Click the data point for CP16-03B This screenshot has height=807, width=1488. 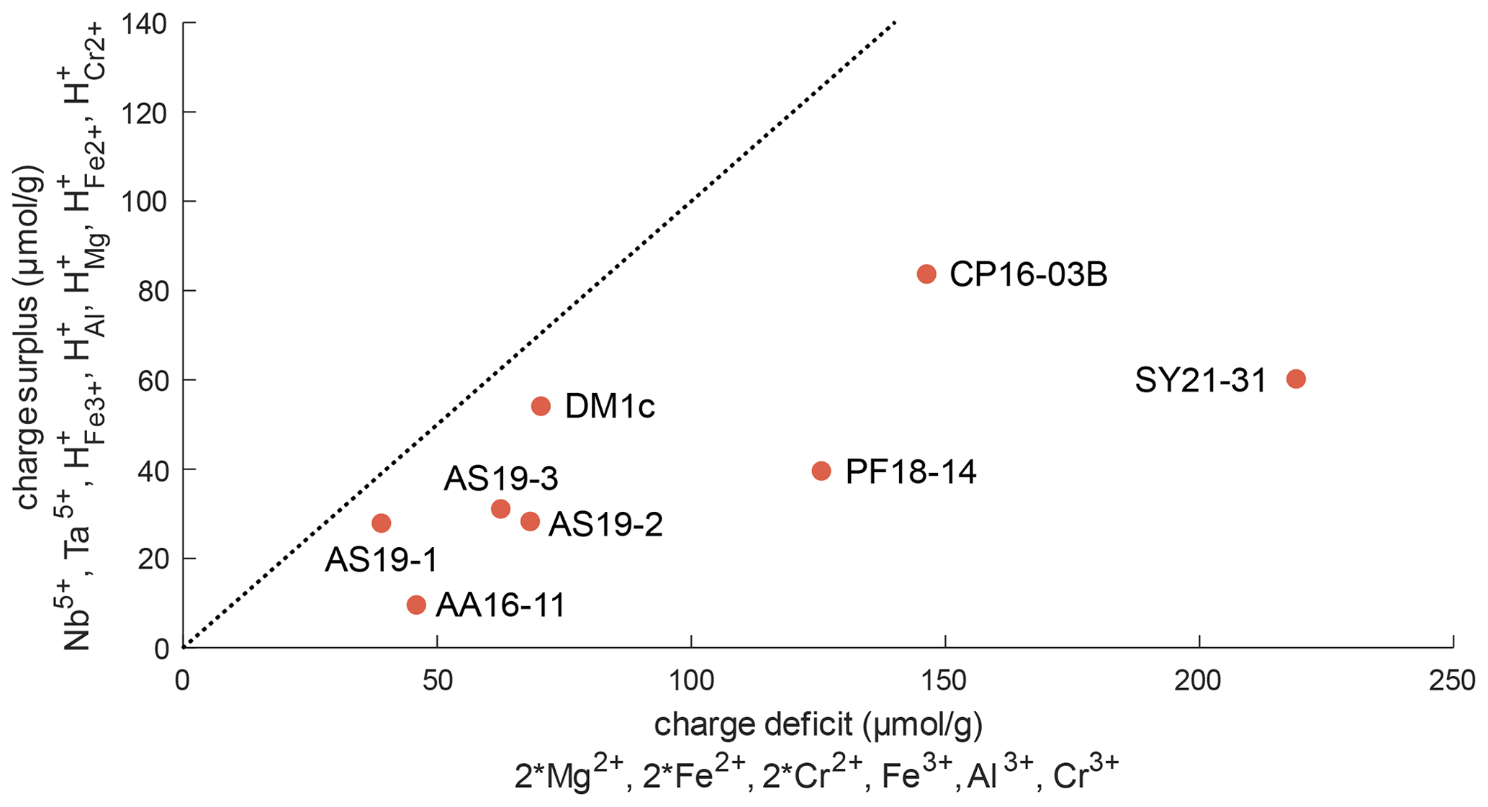coord(926,274)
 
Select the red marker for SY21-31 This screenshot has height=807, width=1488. coord(1296,379)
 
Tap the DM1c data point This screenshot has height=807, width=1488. coord(541,407)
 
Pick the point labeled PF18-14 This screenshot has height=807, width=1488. coord(821,472)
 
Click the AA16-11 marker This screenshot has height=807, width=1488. coord(416,605)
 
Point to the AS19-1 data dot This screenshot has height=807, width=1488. coord(382,523)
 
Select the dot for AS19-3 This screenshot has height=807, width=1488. coord(500,509)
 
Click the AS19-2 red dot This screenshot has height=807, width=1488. coord(531,521)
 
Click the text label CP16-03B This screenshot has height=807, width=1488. coord(1028,275)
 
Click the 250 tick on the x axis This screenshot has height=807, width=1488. coord(1453,680)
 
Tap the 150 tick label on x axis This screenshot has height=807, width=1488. coord(944,680)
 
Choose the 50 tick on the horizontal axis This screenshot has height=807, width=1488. coord(437,680)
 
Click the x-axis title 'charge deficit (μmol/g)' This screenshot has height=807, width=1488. coord(818,725)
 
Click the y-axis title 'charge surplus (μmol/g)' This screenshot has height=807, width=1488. coord(27,338)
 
